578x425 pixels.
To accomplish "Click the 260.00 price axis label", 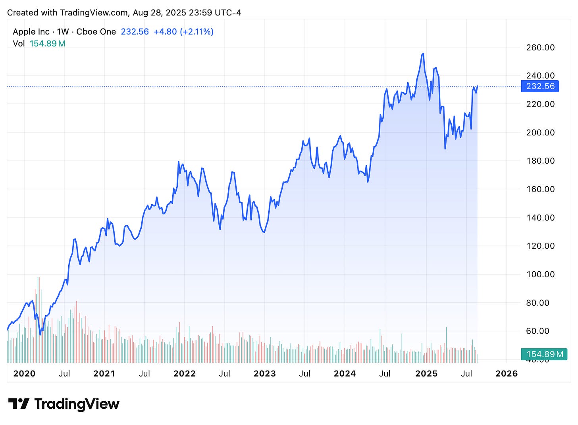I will coord(540,48).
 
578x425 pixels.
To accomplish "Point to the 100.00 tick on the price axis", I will coord(540,274).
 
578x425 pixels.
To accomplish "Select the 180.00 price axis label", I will coord(540,161).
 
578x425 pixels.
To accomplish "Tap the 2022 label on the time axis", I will coord(185,374).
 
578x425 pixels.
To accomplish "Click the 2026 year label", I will coord(507,374).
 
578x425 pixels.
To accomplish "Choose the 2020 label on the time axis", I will coord(24,374).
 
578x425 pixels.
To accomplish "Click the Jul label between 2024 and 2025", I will coord(385,374).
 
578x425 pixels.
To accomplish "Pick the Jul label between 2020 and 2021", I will coord(64,374).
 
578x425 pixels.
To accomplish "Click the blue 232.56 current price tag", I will coord(540,86).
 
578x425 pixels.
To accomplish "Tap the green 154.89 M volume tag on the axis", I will coord(544,354).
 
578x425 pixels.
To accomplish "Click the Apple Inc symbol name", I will coord(31,32).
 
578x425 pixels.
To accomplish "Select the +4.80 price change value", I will coord(165,32).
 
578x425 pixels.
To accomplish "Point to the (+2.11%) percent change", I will coord(197,32).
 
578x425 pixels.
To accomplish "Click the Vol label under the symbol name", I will coord(19,44).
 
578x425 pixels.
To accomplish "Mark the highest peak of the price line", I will coord(423,54).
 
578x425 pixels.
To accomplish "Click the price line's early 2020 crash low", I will coord(40,334).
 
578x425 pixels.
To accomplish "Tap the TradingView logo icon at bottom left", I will coord(19,404).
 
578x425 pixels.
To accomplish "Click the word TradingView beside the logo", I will coord(77,404).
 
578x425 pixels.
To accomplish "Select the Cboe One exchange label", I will coord(96,32).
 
